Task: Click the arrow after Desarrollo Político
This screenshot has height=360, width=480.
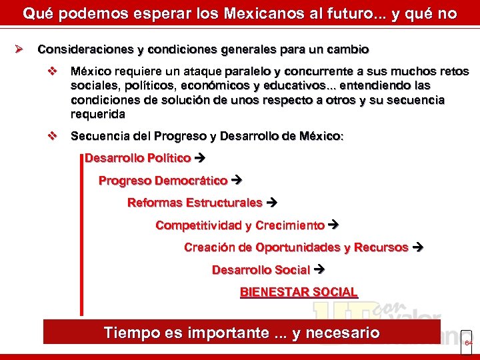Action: click(x=199, y=159)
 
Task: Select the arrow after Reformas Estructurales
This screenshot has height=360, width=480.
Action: click(x=271, y=203)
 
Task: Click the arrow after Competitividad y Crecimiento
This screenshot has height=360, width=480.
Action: click(x=334, y=225)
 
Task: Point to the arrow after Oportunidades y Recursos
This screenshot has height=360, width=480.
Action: click(x=418, y=247)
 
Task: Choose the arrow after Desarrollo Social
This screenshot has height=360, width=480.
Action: click(x=319, y=270)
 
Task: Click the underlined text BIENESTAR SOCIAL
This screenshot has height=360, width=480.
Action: click(x=299, y=292)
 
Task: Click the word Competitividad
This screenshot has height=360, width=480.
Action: click(x=198, y=225)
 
